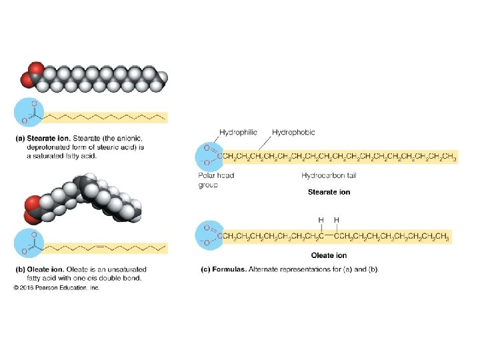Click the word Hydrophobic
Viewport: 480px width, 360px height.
point(293,133)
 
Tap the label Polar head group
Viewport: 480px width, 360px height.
point(215,180)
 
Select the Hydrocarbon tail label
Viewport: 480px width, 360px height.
point(331,175)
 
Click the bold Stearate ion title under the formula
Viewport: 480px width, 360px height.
point(329,192)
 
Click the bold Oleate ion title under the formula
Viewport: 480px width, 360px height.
point(329,255)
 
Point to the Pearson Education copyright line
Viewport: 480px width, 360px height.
point(56,287)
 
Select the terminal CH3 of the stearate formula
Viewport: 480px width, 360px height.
point(449,157)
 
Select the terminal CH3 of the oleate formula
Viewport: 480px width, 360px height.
point(442,235)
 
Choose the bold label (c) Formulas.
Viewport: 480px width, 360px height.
point(223,269)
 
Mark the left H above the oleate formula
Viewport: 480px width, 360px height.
point(321,219)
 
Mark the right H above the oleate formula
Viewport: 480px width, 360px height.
point(336,219)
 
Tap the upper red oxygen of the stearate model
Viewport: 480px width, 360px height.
point(35,69)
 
